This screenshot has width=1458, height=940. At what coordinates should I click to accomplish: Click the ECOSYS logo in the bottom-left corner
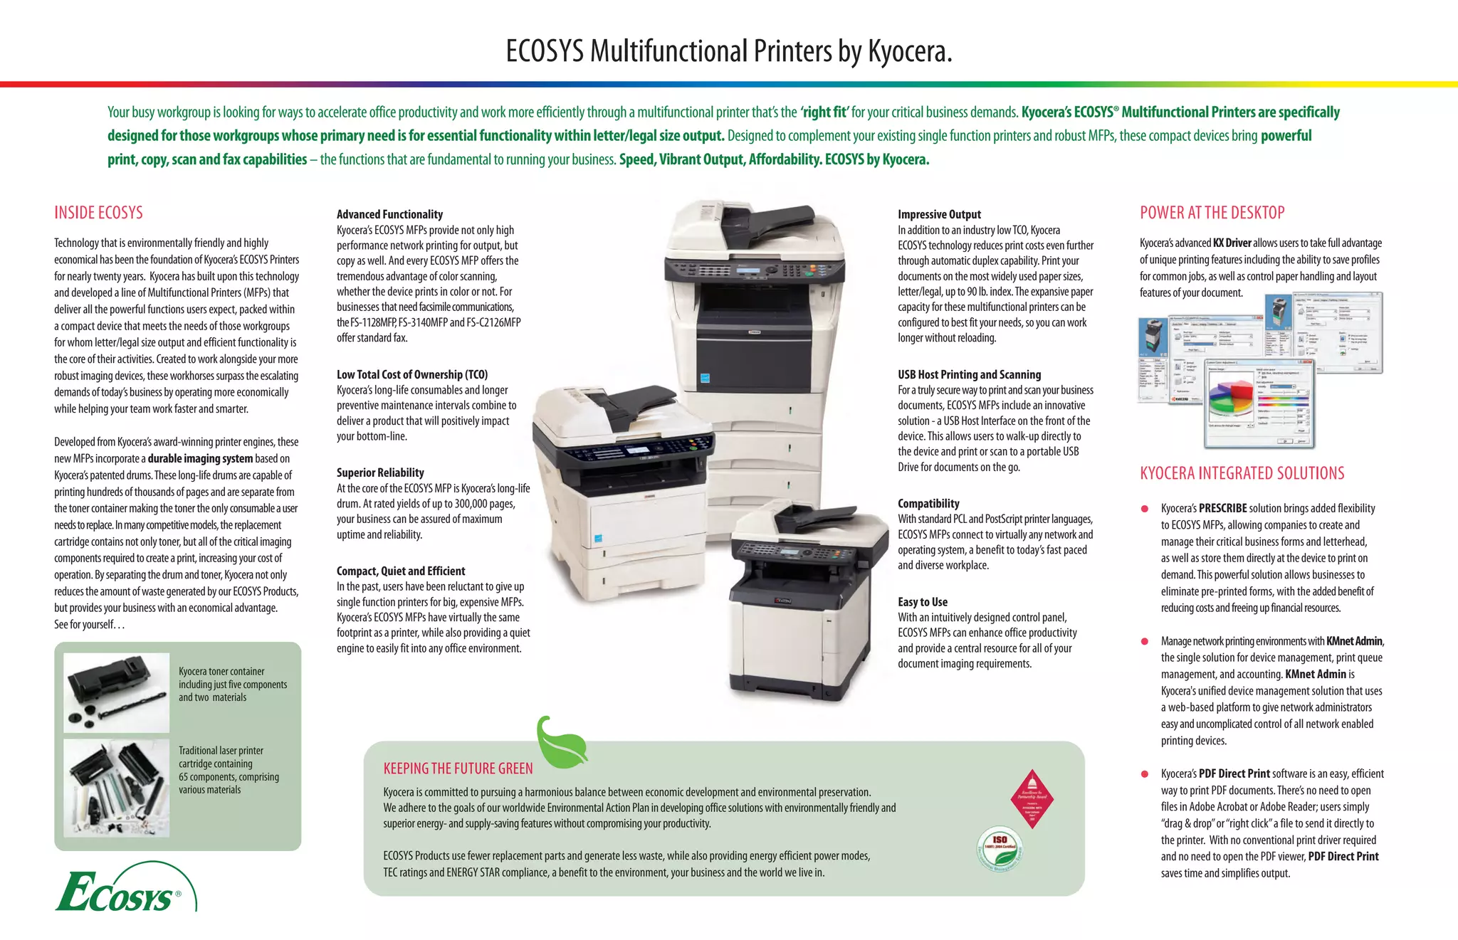[121, 889]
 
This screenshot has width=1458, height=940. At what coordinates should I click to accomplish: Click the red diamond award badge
[1032, 798]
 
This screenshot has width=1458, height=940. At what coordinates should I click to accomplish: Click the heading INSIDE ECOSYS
[98, 213]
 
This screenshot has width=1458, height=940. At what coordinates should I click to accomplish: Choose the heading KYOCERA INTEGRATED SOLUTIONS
[1242, 473]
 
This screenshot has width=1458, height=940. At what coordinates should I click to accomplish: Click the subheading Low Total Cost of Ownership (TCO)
[412, 374]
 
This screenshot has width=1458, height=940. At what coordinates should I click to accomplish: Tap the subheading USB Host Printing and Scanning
[969, 374]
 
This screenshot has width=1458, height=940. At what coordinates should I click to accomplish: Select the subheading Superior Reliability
[380, 472]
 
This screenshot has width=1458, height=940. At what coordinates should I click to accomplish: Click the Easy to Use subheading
[922, 602]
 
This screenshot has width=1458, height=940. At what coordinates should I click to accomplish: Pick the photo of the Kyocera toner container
[117, 692]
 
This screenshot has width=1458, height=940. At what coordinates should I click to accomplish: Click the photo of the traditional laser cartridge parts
[117, 788]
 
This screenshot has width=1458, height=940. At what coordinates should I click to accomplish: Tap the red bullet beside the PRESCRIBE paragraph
[1145, 509]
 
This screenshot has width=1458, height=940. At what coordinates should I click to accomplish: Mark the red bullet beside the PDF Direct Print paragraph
[1145, 774]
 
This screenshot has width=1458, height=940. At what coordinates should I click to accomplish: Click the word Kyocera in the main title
[909, 51]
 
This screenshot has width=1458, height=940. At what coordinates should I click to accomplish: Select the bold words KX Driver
[1232, 243]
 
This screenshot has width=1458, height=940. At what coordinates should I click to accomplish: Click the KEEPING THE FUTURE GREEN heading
[458, 769]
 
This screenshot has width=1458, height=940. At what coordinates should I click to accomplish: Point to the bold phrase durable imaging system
[200, 459]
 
